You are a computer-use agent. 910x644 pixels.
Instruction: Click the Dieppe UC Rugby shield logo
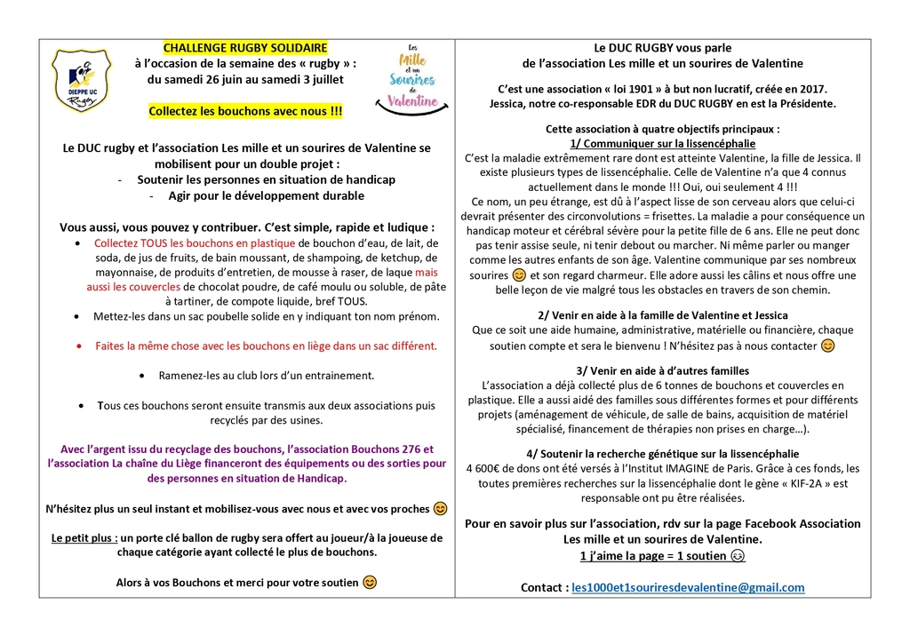click(81, 79)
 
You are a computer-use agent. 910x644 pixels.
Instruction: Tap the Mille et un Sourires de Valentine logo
click(413, 76)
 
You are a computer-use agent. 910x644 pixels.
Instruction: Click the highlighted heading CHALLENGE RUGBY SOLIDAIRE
click(245, 48)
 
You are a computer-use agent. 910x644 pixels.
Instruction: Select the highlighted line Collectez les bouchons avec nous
click(245, 111)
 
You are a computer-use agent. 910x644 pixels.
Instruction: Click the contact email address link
click(688, 587)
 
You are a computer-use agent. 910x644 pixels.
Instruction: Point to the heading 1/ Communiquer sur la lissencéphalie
click(662, 143)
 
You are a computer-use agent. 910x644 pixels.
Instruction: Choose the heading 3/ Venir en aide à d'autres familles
click(662, 370)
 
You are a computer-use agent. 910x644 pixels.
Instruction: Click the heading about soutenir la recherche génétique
click(662, 453)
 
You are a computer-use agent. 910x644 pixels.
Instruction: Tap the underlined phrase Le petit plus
click(84, 537)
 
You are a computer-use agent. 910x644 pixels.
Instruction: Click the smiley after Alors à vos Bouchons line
click(370, 583)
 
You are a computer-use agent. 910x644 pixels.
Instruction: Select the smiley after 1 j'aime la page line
click(738, 556)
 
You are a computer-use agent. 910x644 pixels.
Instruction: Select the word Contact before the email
click(543, 587)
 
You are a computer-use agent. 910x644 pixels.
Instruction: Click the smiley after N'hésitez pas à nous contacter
click(827, 345)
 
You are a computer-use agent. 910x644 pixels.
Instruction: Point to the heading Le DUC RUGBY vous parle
click(662, 47)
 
